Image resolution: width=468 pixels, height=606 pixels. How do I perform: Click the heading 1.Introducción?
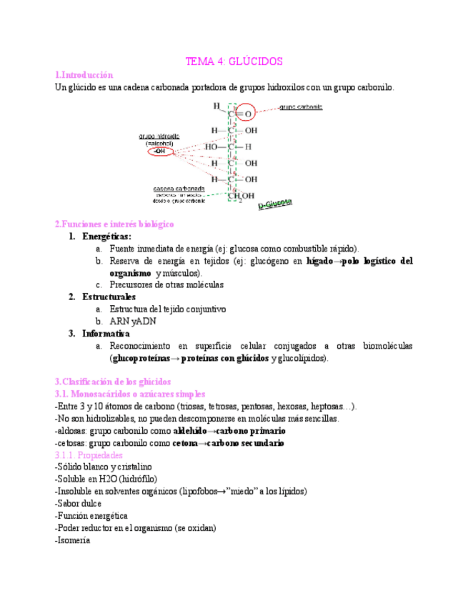(x=84, y=74)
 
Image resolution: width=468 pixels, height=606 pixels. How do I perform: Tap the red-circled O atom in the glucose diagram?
(x=248, y=114)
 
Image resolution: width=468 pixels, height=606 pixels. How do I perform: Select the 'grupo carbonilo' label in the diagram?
(x=300, y=106)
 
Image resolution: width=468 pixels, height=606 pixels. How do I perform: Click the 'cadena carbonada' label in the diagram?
(x=179, y=189)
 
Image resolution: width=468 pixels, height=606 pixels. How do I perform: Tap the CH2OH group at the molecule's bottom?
(x=241, y=197)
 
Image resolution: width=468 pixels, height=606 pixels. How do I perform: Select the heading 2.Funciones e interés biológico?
(x=114, y=224)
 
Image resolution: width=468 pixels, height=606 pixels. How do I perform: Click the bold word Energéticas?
(x=106, y=236)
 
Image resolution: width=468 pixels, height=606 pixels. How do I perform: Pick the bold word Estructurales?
(x=109, y=297)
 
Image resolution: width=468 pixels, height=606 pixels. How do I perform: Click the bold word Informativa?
(x=106, y=333)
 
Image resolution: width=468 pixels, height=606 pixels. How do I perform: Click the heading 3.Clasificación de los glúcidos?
(x=113, y=382)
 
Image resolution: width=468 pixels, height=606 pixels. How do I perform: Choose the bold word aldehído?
(x=194, y=431)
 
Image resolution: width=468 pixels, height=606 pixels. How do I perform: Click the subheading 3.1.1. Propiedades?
(x=89, y=455)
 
